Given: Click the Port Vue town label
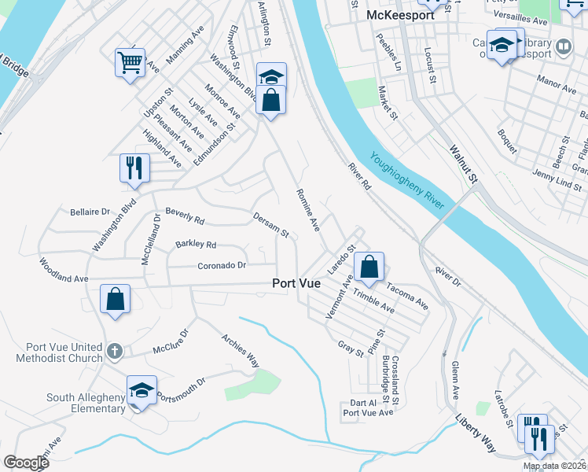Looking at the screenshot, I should coord(296,284).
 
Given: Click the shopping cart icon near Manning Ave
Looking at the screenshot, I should coord(130,62).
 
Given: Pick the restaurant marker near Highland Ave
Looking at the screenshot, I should coord(134,168).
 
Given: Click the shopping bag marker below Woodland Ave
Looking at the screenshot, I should coord(115,299).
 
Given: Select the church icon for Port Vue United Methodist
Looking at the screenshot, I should coord(115,351).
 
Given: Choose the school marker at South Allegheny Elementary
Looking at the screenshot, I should coord(141,390).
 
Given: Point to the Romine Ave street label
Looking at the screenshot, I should coord(307,209).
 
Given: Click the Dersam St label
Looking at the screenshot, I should coord(271,224).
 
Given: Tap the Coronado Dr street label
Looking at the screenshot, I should coord(222,265).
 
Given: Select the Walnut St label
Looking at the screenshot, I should coord(464,163).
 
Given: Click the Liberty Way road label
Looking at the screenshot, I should coord(476,433).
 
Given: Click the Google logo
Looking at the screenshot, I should coord(26,462).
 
